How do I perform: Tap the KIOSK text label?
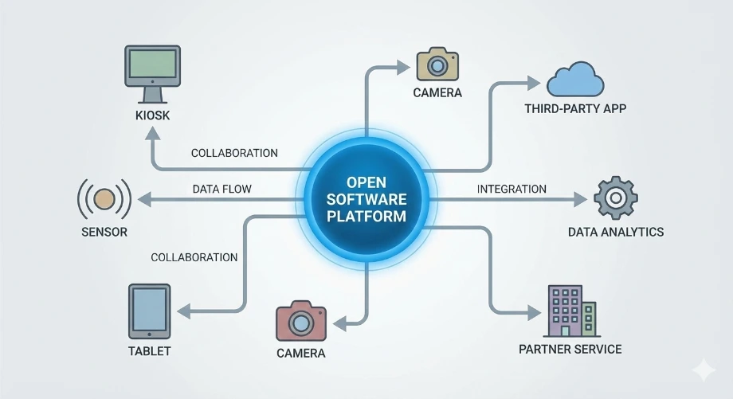[152, 116]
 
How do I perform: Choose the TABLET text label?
[149, 350]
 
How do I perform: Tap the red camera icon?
[301, 321]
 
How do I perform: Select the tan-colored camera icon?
[437, 64]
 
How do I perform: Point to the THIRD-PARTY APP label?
[576, 108]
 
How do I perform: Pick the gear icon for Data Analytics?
[615, 198]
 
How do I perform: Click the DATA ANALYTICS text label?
[615, 232]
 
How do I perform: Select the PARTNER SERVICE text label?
[570, 349]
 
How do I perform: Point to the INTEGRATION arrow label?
[512, 189]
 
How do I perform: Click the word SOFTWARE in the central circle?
[366, 198]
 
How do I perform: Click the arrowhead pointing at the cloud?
[534, 80]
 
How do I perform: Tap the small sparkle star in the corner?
[703, 369]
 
